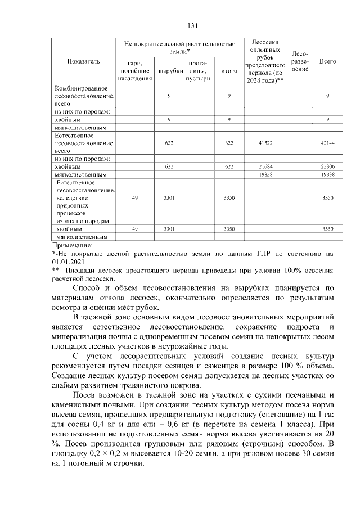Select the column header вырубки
click(169, 71)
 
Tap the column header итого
click(229, 71)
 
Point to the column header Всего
click(327, 61)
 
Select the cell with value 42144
click(327, 143)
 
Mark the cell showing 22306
click(327, 167)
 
